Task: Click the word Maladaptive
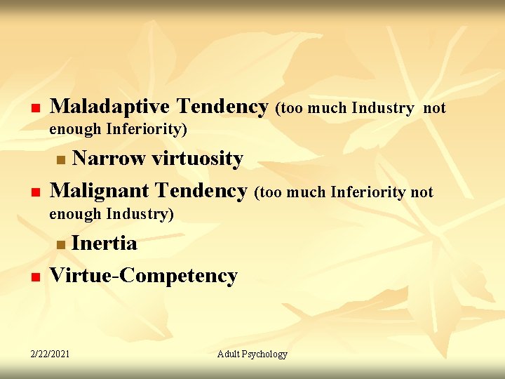pos(109,107)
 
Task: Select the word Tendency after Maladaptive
pos(222,107)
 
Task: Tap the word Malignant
pos(100,190)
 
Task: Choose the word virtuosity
pos(194,159)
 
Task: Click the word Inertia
pos(105,244)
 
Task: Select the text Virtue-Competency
pos(144,275)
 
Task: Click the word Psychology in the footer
pos(265,354)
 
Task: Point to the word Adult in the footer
pos(229,354)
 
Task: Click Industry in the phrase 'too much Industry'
pos(382,108)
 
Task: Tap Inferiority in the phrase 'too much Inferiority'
pos(369,192)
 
